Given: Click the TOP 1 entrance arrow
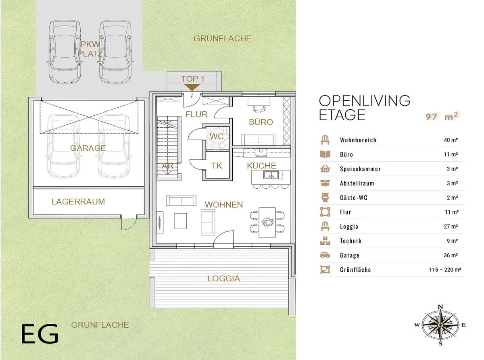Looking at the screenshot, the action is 192,87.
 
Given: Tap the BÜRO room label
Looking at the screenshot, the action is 261,122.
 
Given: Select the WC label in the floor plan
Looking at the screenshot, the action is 217,136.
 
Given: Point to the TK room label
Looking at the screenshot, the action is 217,166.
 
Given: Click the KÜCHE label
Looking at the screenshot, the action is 261,166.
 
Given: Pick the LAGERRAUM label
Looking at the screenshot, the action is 78,202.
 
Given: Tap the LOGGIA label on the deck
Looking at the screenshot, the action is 224,279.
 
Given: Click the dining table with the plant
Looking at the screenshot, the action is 267,222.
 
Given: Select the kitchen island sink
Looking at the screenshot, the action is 271,175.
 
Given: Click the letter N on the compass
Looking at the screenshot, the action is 440,307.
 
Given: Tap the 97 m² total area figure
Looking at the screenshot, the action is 442,117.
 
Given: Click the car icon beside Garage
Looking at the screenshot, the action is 325,255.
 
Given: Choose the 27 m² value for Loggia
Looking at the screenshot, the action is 451,227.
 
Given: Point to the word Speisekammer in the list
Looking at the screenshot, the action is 360,169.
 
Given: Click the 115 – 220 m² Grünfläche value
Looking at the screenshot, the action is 445,270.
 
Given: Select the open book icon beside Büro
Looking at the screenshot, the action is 325,154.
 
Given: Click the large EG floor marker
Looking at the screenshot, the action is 40,334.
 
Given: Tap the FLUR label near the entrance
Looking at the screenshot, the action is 196,114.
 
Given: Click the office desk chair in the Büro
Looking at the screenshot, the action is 259,109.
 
